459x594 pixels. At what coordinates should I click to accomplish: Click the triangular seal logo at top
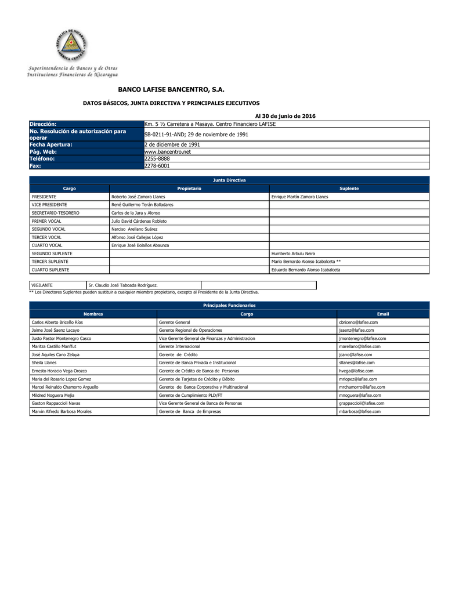(71, 45)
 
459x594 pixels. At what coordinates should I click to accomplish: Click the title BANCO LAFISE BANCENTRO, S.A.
(171, 90)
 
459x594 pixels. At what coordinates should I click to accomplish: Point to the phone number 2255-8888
(157, 158)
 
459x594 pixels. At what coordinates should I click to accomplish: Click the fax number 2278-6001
(157, 165)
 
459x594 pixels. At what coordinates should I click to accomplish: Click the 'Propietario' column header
(189, 189)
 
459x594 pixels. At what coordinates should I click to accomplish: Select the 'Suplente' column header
(349, 189)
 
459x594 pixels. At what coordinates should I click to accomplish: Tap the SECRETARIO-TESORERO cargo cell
(56, 213)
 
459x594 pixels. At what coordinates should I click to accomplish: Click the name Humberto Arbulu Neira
(293, 253)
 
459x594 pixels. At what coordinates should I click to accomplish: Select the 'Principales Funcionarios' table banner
(229, 305)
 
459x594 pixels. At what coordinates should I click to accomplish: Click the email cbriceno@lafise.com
(358, 322)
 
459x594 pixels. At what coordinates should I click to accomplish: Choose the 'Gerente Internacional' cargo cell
(181, 346)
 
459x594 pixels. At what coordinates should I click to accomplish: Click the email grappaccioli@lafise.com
(361, 403)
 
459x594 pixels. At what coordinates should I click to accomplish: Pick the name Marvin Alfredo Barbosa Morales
(62, 411)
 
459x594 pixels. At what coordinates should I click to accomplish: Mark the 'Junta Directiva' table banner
(229, 180)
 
